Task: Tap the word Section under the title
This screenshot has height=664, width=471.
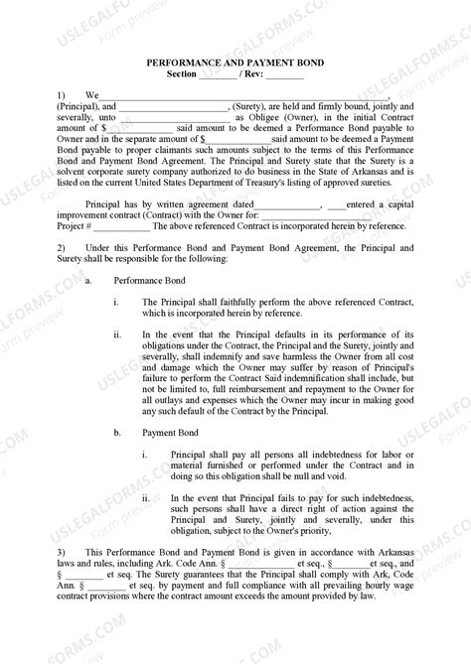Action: click(181, 74)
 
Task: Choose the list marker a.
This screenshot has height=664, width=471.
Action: click(90, 281)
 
